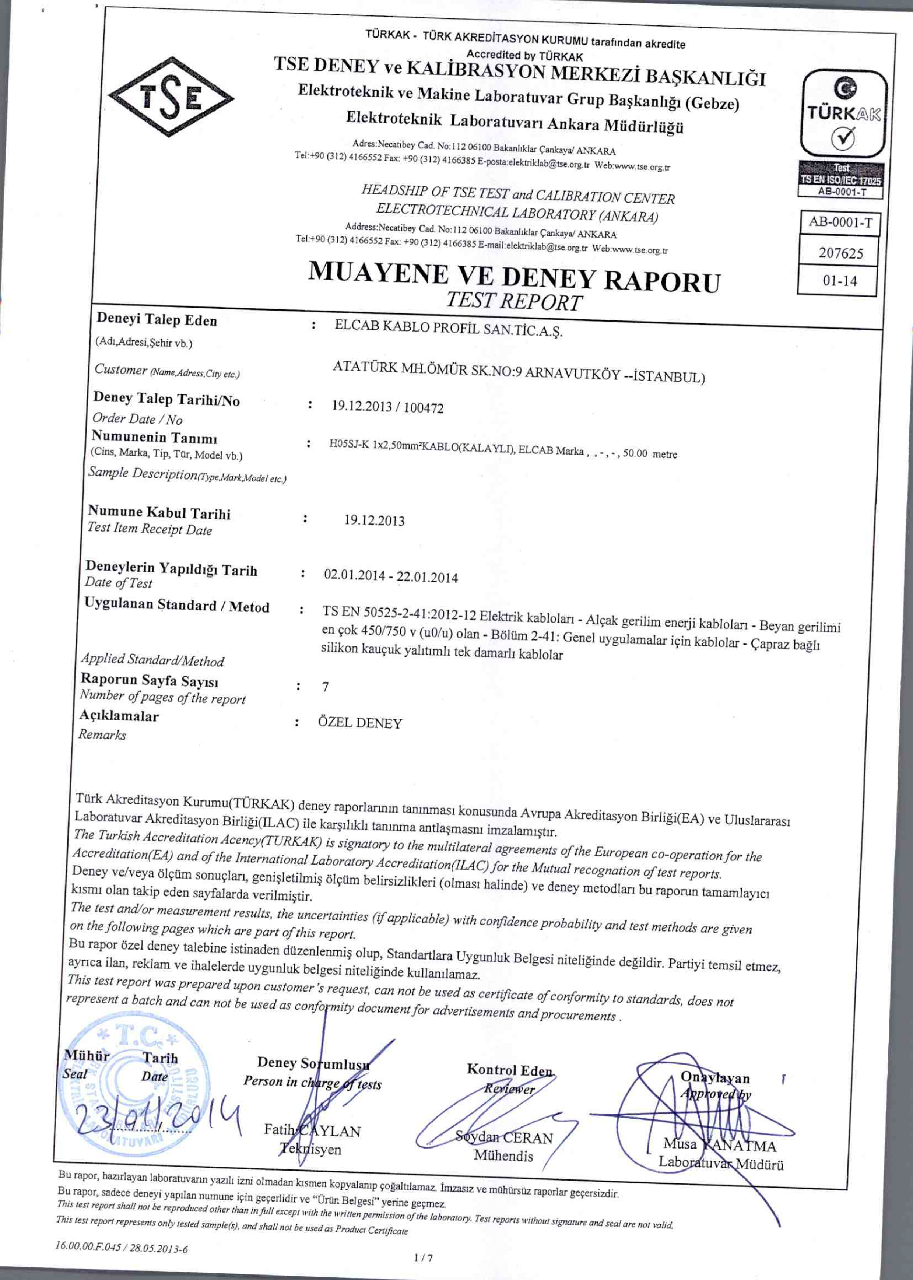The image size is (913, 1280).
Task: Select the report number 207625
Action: click(840, 253)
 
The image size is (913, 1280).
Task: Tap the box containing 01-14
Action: click(840, 281)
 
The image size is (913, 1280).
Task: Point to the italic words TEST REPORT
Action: click(515, 302)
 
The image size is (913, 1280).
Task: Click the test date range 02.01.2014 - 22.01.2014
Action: click(391, 576)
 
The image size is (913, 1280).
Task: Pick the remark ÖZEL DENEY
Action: click(360, 723)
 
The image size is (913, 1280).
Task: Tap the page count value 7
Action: click(326, 687)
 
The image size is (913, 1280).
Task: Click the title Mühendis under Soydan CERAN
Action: click(503, 1156)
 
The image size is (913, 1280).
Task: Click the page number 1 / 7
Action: click(423, 1258)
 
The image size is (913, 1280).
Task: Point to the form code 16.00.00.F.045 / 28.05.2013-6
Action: click(122, 1249)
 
